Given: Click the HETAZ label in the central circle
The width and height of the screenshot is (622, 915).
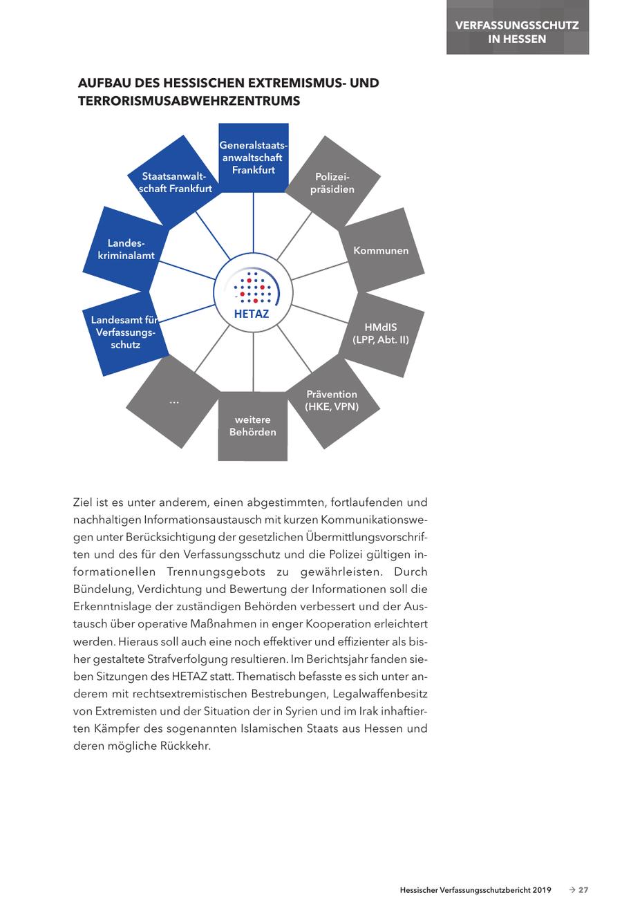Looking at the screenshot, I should [x=252, y=313].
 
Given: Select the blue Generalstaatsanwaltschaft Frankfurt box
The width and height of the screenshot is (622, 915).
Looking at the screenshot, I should [x=253, y=158].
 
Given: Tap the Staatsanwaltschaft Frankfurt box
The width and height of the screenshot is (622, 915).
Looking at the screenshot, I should [x=176, y=182].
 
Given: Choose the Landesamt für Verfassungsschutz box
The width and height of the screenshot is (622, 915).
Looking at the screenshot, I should [x=124, y=332].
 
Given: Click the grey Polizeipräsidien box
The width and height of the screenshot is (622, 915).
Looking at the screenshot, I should [x=332, y=183].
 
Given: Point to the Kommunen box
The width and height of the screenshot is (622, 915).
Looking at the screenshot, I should [x=381, y=251].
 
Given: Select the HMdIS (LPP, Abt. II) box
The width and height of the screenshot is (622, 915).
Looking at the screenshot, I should [x=381, y=333].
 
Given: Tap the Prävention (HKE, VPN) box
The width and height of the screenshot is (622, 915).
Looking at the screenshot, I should [x=332, y=401].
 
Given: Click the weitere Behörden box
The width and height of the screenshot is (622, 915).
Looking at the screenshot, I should [x=253, y=426].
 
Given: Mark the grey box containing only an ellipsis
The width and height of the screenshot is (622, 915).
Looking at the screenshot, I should [x=173, y=402].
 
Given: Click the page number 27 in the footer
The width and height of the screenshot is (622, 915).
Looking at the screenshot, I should [x=583, y=890].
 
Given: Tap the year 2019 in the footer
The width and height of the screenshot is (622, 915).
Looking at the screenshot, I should [x=542, y=890].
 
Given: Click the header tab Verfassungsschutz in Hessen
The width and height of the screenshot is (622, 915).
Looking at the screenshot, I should [x=517, y=32].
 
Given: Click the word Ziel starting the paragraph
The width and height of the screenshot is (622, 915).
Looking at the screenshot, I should [x=83, y=502].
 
